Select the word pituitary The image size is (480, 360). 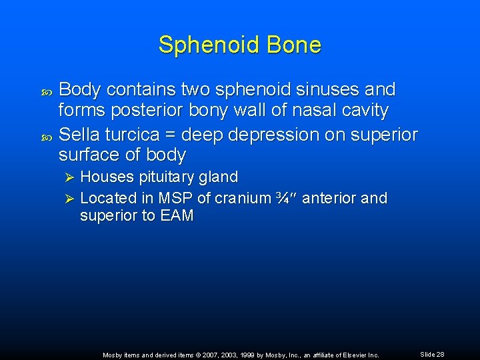pos(171,177)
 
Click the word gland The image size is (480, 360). pos(220,177)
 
